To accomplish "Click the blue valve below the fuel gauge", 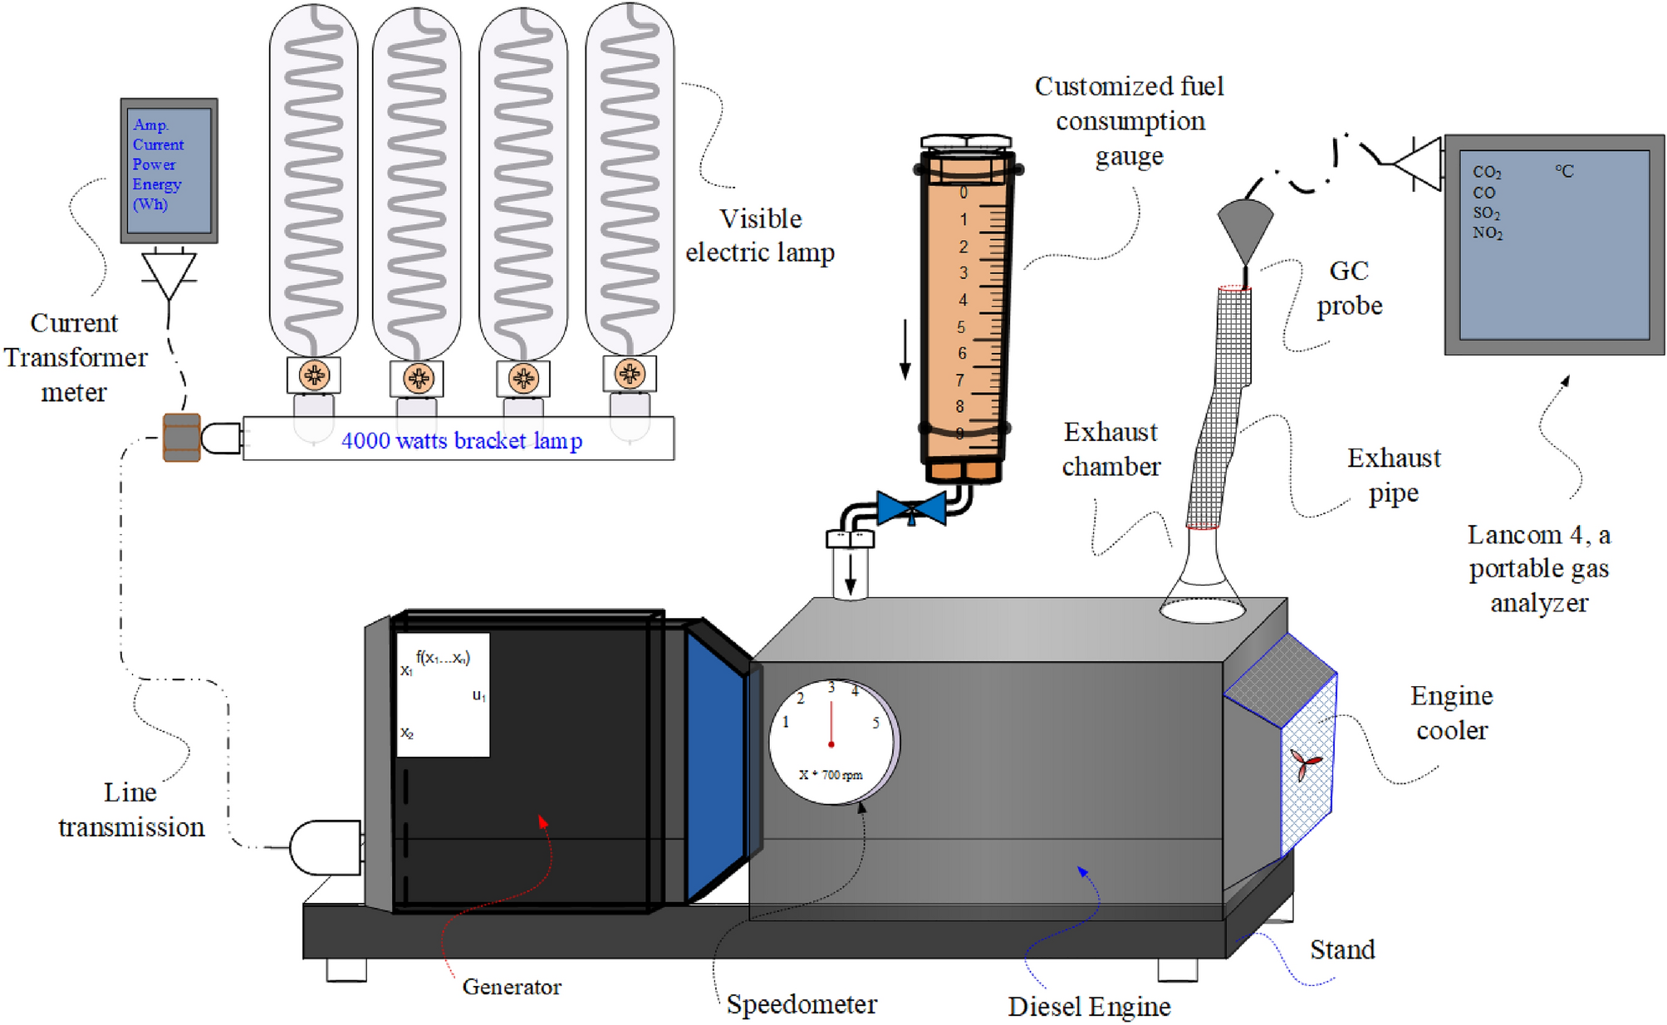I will (x=911, y=508).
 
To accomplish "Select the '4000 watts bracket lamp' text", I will (x=462, y=440).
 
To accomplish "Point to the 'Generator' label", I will (x=512, y=987).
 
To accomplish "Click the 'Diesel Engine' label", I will (x=1089, y=1007).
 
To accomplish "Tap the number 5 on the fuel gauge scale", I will (x=961, y=327).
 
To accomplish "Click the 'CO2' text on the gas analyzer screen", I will (x=1487, y=172).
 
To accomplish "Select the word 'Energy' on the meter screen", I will (x=156, y=184).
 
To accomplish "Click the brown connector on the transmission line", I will (x=181, y=438).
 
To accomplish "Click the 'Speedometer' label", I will (x=802, y=1004).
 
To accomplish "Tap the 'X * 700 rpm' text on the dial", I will (x=831, y=775).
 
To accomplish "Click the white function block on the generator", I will (x=443, y=694).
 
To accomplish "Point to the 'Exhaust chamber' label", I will (x=1111, y=449).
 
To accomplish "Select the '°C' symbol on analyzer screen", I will (x=1564, y=172).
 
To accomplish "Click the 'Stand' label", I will (x=1342, y=949).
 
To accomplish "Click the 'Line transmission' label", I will (x=131, y=810).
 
